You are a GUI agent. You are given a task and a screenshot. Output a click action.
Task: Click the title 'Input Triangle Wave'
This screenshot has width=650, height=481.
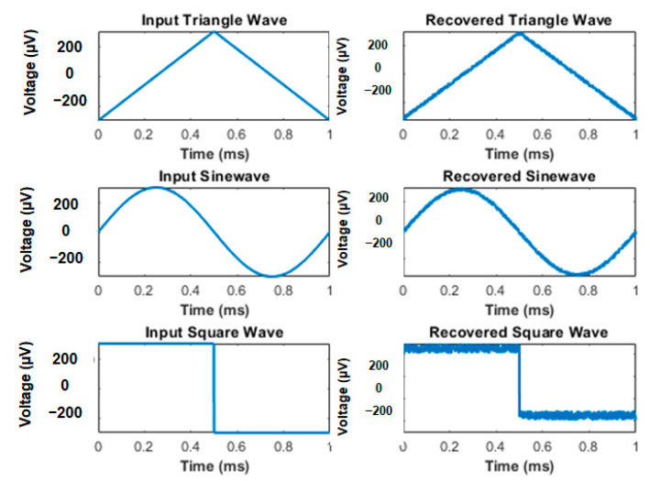[215, 19]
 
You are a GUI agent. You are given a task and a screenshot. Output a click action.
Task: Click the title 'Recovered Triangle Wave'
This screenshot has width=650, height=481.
[519, 19]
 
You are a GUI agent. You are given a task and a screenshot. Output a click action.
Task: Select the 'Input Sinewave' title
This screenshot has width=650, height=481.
[215, 176]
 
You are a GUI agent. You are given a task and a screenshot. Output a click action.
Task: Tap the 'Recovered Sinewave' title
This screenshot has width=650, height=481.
[519, 176]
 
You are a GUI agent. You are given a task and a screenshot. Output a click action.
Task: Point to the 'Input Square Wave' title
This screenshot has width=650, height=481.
[215, 332]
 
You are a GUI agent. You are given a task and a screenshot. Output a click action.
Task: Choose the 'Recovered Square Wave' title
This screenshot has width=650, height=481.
[519, 332]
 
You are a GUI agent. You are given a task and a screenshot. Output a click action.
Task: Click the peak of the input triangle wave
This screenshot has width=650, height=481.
[215, 32]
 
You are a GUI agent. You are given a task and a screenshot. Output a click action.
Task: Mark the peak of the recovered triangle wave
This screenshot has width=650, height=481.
[520, 33]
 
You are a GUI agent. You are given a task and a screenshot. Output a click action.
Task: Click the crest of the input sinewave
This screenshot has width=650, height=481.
[157, 188]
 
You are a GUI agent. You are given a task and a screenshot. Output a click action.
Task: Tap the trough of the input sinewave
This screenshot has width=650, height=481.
[272, 275]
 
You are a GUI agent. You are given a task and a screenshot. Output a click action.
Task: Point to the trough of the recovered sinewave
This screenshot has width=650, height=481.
[578, 273]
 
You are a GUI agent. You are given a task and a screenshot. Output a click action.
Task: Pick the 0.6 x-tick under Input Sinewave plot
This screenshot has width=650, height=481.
[237, 289]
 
